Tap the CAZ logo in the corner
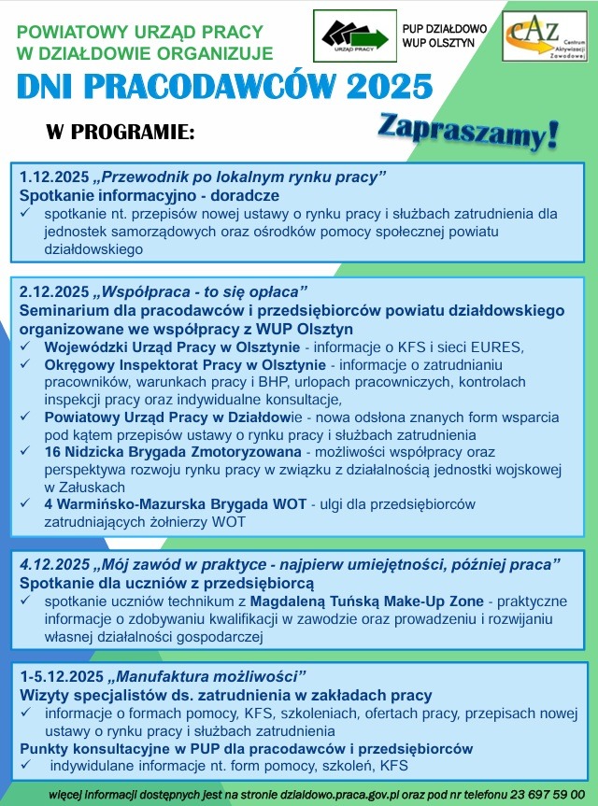(x=545, y=36)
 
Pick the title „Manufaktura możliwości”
(x=211, y=676)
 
